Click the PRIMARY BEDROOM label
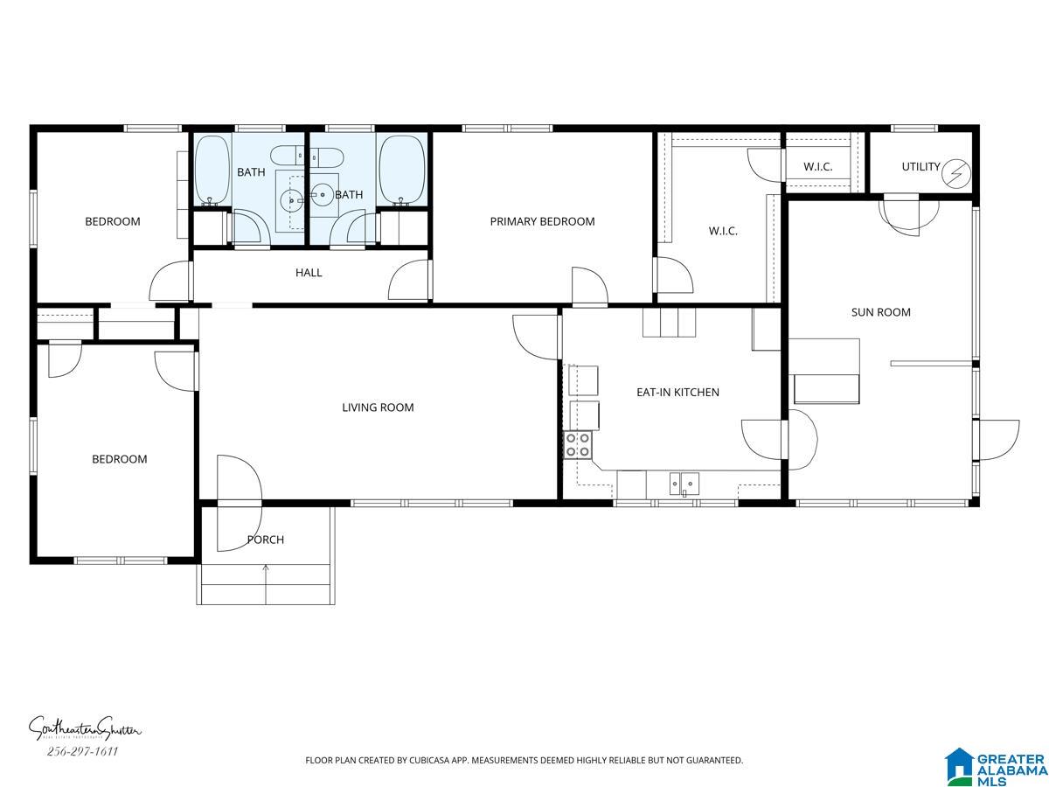click(x=542, y=221)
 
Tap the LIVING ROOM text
click(x=378, y=407)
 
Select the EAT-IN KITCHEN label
click(x=677, y=393)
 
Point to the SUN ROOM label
click(x=881, y=312)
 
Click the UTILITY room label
click(x=920, y=166)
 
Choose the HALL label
click(x=309, y=273)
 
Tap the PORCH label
click(x=266, y=540)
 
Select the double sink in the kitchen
click(x=684, y=483)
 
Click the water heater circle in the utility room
click(x=956, y=173)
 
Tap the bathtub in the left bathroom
click(x=212, y=169)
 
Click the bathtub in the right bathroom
click(x=402, y=169)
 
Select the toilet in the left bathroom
click(x=286, y=157)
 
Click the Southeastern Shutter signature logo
click(x=85, y=728)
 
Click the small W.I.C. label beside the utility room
click(x=817, y=167)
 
